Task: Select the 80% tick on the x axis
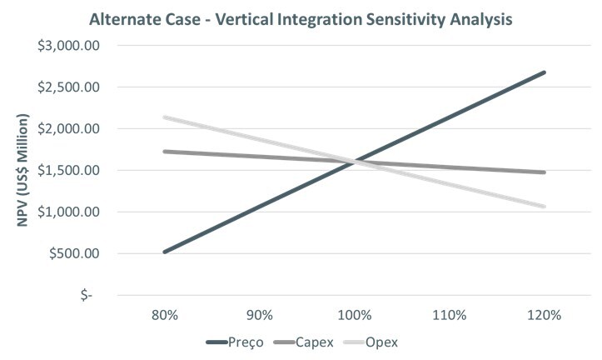tap(165, 316)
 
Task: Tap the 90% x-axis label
tap(260, 316)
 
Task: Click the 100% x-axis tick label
tap(356, 316)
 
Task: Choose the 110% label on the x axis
tap(450, 316)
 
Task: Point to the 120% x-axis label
tap(545, 316)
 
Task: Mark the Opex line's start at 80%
tap(165, 117)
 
